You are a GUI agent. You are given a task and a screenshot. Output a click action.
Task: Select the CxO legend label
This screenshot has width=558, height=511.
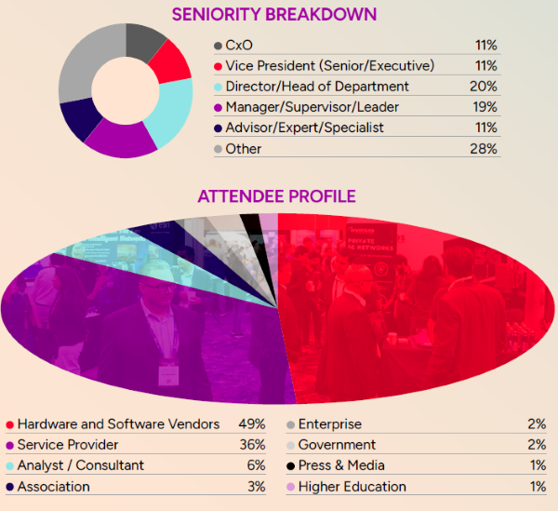pyautogui.click(x=241, y=46)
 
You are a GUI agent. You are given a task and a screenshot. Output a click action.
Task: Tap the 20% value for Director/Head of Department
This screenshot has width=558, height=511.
pyautogui.click(x=484, y=87)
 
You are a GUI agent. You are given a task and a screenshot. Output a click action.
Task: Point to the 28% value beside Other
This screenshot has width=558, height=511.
pyautogui.click(x=484, y=148)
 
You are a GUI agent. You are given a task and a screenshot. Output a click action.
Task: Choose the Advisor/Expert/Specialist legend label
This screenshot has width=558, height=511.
pyautogui.click(x=304, y=128)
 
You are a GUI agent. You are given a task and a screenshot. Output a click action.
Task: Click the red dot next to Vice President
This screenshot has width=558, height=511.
pyautogui.click(x=218, y=66)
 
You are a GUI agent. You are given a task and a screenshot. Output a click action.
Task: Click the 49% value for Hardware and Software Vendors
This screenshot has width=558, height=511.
pyautogui.click(x=251, y=424)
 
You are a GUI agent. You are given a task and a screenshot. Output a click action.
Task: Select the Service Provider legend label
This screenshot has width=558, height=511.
pyautogui.click(x=68, y=445)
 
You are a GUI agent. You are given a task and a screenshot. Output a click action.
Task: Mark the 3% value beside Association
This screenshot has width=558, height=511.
pyautogui.click(x=256, y=486)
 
